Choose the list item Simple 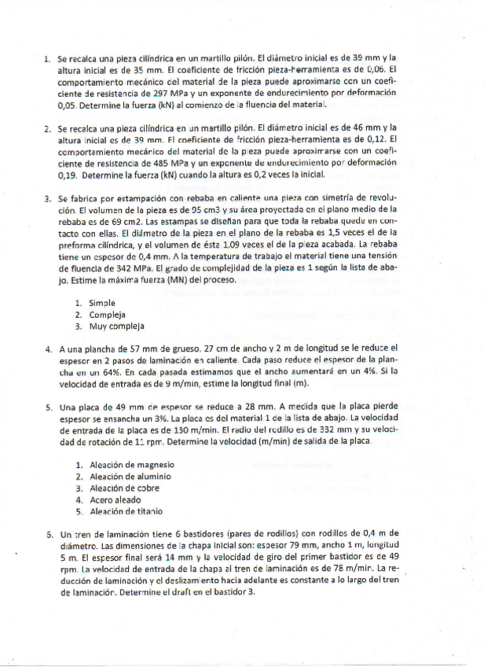102,302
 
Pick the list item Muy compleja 116,326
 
